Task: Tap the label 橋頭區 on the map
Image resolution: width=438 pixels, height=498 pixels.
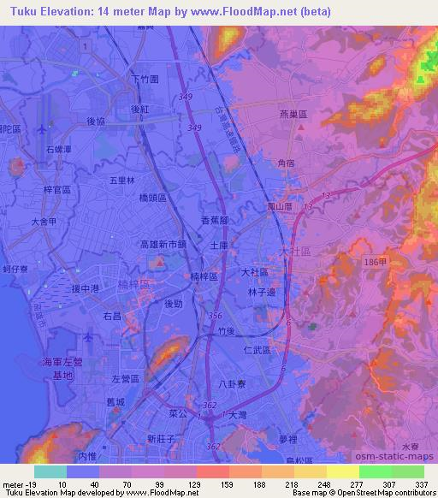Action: coord(157,198)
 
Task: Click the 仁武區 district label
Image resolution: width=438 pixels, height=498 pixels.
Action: coord(255,351)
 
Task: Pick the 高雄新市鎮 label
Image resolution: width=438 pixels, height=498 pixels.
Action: coord(163,244)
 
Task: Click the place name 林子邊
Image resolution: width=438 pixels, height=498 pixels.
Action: coord(262,293)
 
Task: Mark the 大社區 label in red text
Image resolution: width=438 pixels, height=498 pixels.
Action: coord(293,251)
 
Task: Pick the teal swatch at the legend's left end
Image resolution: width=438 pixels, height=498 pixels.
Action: coord(50,471)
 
